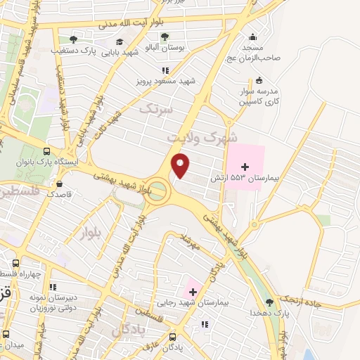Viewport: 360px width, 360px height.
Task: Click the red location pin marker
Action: click(x=181, y=165)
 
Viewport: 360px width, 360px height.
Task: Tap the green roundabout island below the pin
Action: click(x=158, y=190)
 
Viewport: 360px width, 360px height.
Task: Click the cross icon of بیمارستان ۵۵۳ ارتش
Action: click(x=245, y=167)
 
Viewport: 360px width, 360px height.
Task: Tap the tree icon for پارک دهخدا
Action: click(x=269, y=302)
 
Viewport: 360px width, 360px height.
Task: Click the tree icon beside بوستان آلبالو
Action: click(x=165, y=37)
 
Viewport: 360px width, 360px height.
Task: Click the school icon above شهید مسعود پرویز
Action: click(x=166, y=70)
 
